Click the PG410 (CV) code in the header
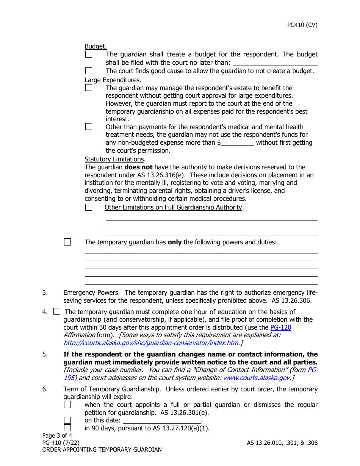click(x=302, y=25)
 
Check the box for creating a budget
click(x=89, y=55)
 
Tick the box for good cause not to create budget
click(x=89, y=71)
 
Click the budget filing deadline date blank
click(x=275, y=63)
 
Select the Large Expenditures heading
click(x=112, y=80)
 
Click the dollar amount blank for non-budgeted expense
click(x=238, y=143)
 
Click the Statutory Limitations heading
click(x=114, y=159)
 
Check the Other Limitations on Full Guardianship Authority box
click(x=89, y=207)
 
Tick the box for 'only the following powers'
click(x=67, y=242)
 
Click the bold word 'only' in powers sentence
click(x=175, y=242)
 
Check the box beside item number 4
click(x=57, y=312)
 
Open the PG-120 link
click(x=280, y=327)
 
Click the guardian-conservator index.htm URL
click(x=151, y=343)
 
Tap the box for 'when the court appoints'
click(x=67, y=405)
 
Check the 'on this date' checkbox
click(x=67, y=420)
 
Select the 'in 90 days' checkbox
click(x=67, y=428)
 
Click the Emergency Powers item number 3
click(x=45, y=292)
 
